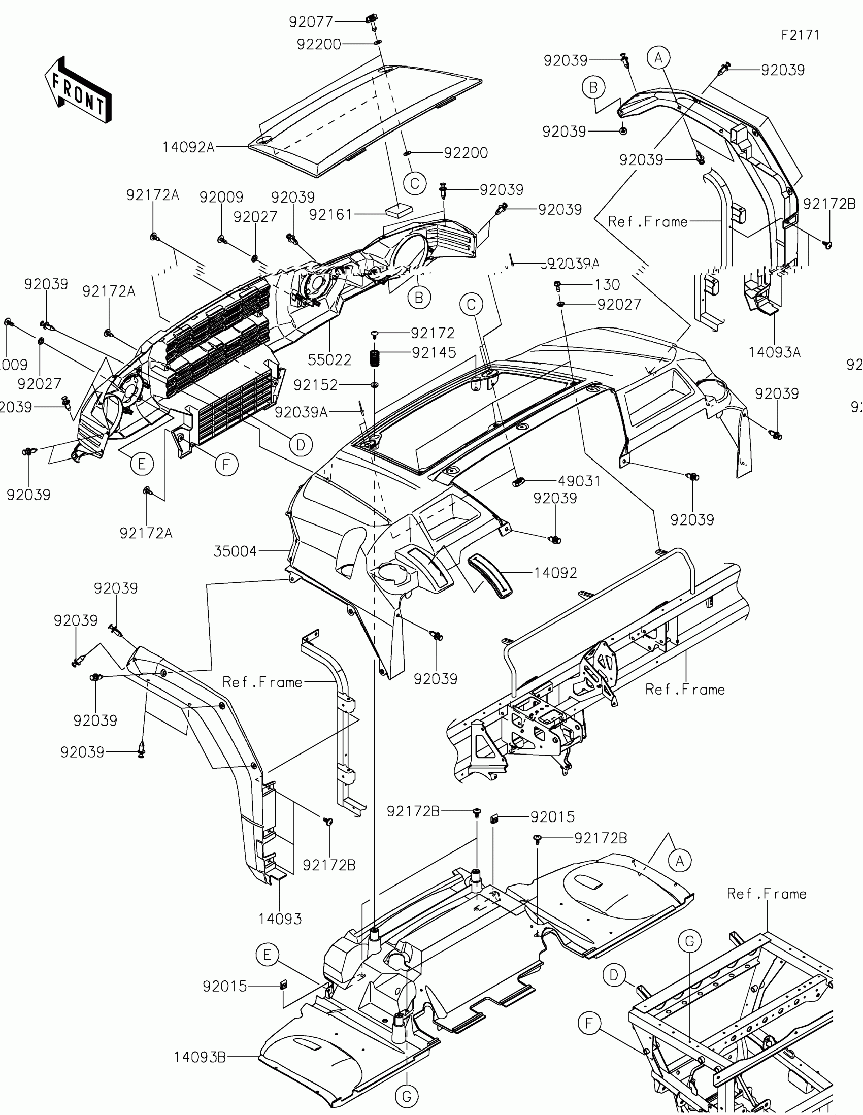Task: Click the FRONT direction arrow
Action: pyautogui.click(x=78, y=91)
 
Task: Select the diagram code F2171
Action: pyautogui.click(x=800, y=35)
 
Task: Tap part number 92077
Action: pyautogui.click(x=310, y=22)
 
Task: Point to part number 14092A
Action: pyautogui.click(x=188, y=148)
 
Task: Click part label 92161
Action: pyautogui.click(x=330, y=215)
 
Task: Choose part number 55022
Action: pyautogui.click(x=329, y=360)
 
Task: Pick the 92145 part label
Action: pyautogui.click(x=434, y=353)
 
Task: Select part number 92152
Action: pyautogui.click(x=315, y=385)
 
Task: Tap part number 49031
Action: pyautogui.click(x=579, y=481)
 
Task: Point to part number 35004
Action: pyautogui.click(x=235, y=551)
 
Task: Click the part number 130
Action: pyautogui.click(x=607, y=284)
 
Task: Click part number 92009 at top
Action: pyautogui.click(x=221, y=197)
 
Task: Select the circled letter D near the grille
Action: pyautogui.click(x=301, y=445)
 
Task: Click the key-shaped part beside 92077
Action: pyautogui.click(x=371, y=20)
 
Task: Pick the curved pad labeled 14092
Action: pyautogui.click(x=489, y=575)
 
